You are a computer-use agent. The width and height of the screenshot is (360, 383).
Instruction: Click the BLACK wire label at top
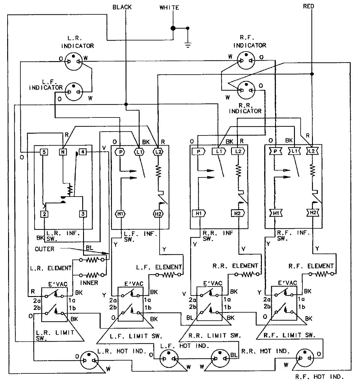coord(122,7)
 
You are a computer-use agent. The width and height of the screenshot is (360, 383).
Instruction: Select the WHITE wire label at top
coord(169,8)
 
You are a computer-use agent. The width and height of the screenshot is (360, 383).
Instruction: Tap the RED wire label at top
coord(308,6)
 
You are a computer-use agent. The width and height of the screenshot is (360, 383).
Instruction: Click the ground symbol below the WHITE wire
coord(188,45)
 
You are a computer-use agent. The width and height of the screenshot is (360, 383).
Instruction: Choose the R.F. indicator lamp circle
coord(246,61)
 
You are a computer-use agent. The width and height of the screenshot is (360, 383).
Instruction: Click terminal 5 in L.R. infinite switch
coord(44,152)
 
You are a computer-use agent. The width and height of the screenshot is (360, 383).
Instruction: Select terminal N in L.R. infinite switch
coord(63,152)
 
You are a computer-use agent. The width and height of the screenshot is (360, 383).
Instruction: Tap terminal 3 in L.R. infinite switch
coord(83,214)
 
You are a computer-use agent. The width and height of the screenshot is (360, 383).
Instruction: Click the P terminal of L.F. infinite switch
coord(120,152)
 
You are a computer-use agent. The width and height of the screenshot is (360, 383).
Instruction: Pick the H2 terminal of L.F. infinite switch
coord(158,214)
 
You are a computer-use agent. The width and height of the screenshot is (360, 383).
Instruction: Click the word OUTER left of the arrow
coord(44,249)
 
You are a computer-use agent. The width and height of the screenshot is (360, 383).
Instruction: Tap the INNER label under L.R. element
coord(89,283)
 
